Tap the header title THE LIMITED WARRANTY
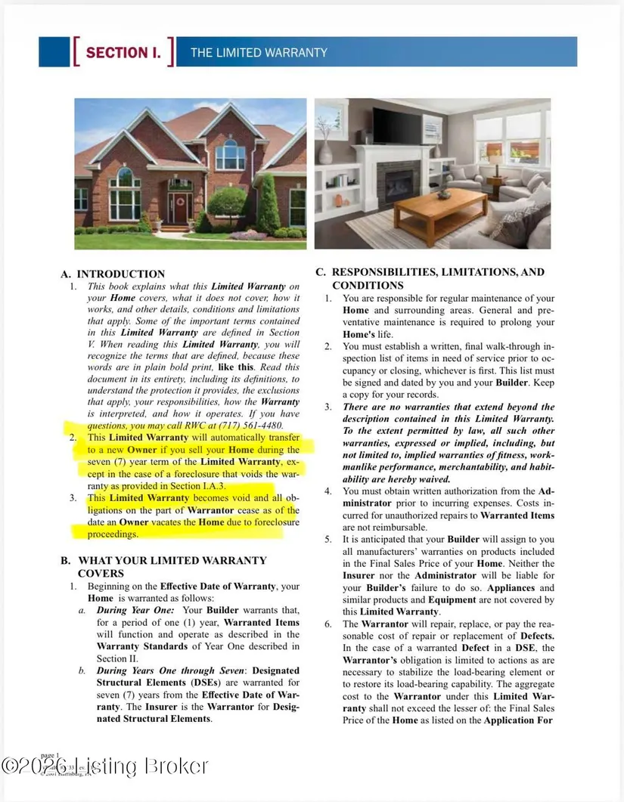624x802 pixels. [259, 52]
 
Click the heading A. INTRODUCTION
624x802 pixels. [113, 274]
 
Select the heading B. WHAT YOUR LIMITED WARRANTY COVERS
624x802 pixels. [163, 567]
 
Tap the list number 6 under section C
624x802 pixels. [329, 624]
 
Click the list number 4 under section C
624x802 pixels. [329, 491]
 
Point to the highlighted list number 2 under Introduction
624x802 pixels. [73, 438]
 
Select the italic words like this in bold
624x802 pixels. [235, 367]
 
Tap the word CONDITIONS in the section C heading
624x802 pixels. [368, 286]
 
